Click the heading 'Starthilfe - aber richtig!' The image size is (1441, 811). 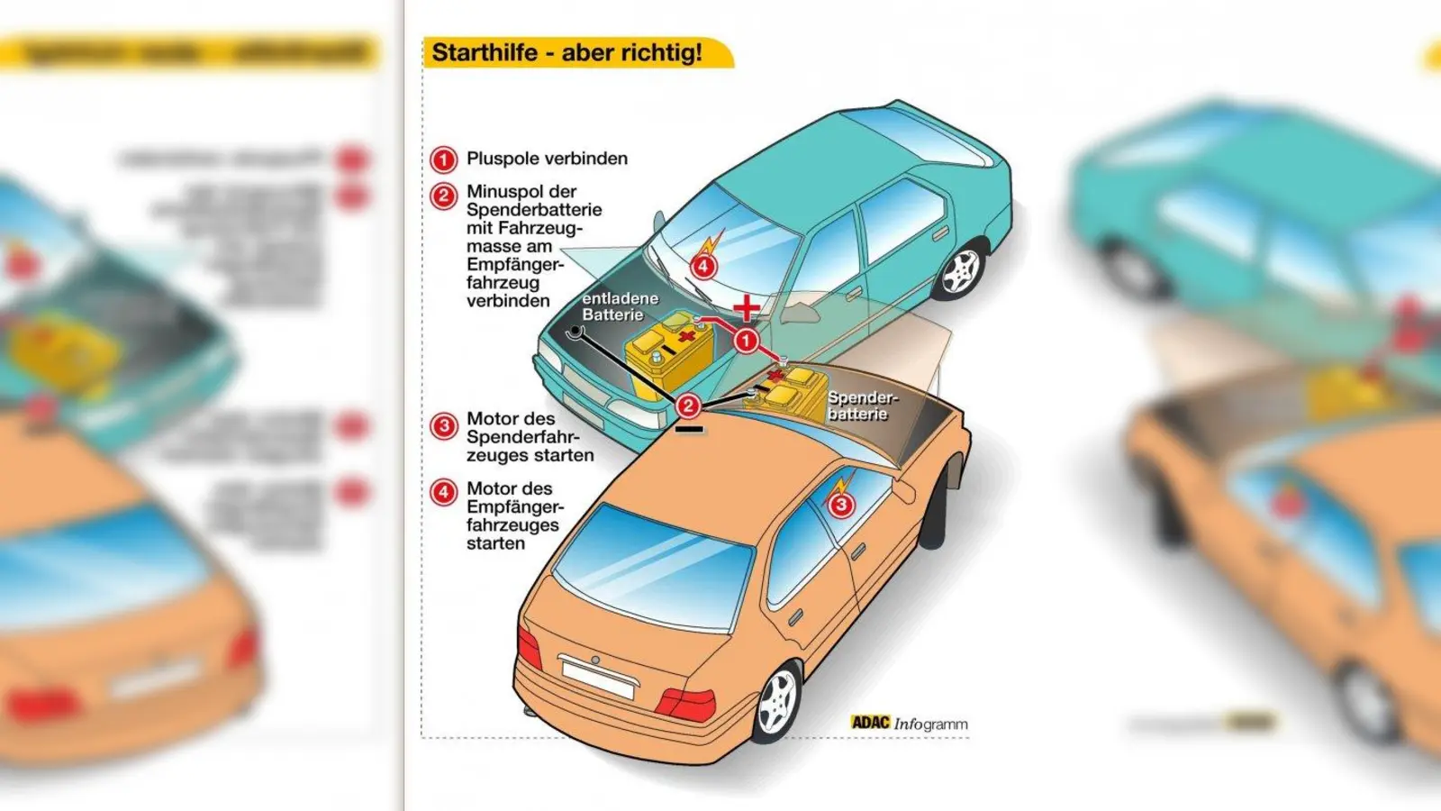[x=567, y=52]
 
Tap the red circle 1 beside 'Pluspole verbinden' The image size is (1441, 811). [x=443, y=159]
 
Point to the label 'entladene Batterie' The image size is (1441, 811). [x=620, y=306]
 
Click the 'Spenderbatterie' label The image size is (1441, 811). [x=862, y=405]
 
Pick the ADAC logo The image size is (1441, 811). [x=870, y=723]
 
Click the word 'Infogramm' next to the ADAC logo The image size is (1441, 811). [x=931, y=724]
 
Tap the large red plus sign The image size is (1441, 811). [x=746, y=309]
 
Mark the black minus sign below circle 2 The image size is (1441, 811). [x=689, y=431]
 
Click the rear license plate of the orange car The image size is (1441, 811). [x=597, y=678]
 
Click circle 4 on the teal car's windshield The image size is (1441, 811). [x=703, y=266]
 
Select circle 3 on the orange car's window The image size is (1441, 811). [x=840, y=504]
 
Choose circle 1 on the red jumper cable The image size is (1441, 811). [x=746, y=342]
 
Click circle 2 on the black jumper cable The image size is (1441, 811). [x=688, y=406]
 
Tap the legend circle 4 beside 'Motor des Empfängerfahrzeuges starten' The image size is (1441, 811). [x=443, y=492]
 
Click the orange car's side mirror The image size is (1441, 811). [x=903, y=491]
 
